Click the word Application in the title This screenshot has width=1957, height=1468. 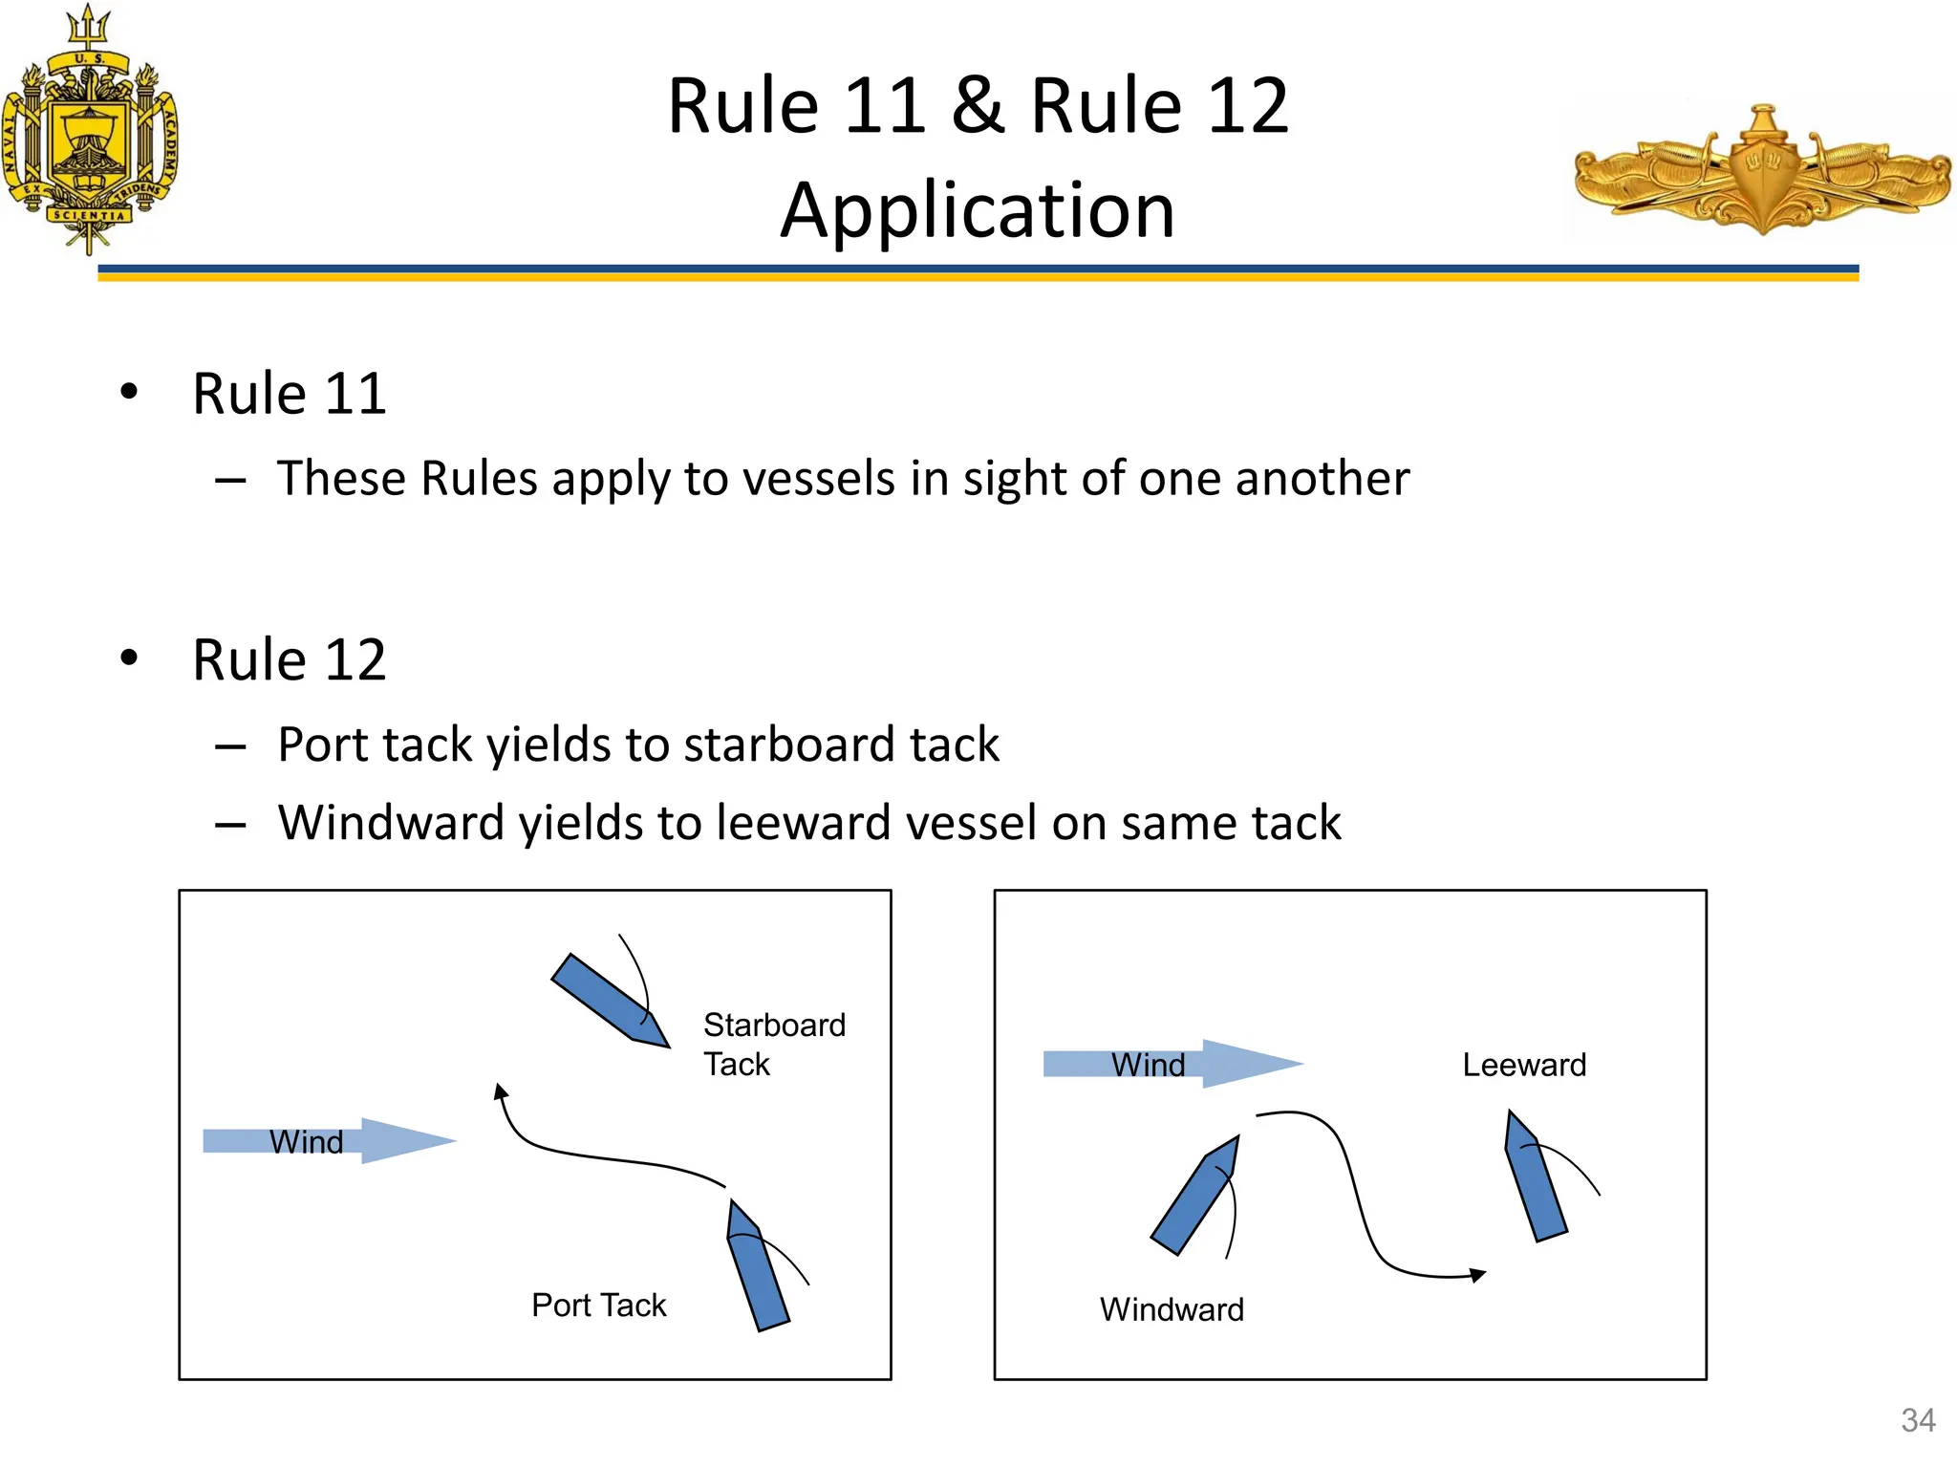(978, 210)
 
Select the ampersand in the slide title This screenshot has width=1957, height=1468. (978, 105)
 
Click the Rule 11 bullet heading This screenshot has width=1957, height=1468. (289, 393)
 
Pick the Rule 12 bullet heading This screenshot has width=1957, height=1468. (289, 659)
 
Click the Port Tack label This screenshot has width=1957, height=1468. (598, 1305)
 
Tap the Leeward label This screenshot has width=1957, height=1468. (1523, 1065)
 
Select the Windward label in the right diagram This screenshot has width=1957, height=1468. (1172, 1309)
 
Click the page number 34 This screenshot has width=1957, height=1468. (1918, 1420)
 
